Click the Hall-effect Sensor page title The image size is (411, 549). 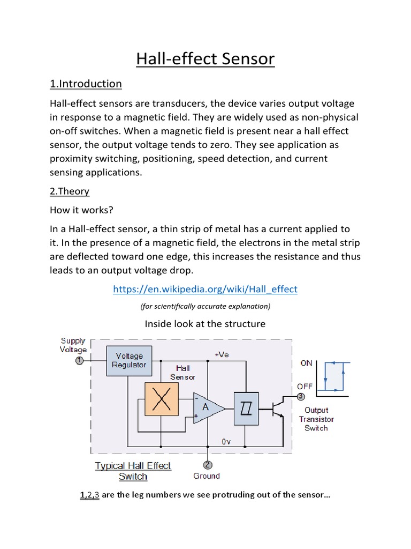[x=205, y=58]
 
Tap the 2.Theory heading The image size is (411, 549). [x=70, y=191]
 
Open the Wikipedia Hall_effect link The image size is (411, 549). [x=205, y=289]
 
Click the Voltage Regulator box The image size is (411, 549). [x=129, y=360]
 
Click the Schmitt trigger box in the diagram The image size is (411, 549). [x=246, y=409]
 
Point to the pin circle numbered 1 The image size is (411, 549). [x=79, y=361]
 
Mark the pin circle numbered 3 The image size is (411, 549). [x=301, y=396]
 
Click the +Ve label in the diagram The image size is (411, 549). [x=222, y=354]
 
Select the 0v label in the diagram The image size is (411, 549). [x=226, y=441]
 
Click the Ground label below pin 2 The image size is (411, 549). [x=207, y=476]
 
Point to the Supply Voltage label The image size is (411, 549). [x=73, y=345]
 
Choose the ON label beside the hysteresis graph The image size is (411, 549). [x=306, y=363]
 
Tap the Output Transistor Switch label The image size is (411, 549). [x=316, y=419]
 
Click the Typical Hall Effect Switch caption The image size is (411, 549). [x=133, y=471]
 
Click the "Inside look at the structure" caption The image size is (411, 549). [x=205, y=324]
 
